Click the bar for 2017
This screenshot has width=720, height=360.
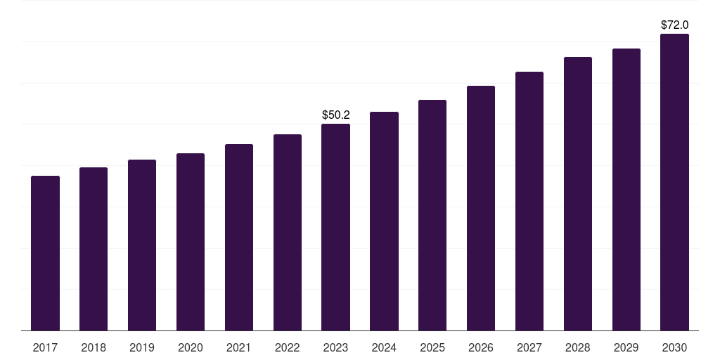[x=45, y=253]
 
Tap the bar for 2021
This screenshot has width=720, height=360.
[x=239, y=237]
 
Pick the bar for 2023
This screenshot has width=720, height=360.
[x=335, y=227]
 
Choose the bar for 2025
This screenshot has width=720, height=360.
[x=432, y=215]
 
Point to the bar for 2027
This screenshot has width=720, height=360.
[x=529, y=201]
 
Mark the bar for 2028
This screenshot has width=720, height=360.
[x=578, y=193]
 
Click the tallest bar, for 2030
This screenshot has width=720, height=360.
[x=674, y=182]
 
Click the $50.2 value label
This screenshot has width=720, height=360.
[x=335, y=115]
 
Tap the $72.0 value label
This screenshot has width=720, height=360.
[x=674, y=25]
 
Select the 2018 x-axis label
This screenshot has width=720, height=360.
[x=94, y=347]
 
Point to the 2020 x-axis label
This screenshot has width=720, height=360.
[x=191, y=347]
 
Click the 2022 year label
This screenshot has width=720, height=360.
[x=287, y=347]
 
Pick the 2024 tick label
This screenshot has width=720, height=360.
[x=384, y=347]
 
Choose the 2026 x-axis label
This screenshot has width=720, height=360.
[x=481, y=347]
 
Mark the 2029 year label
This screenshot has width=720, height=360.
[x=626, y=347]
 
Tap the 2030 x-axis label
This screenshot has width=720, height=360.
[x=674, y=347]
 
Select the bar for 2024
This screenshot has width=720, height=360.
[x=384, y=221]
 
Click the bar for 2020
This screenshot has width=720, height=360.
[x=191, y=242]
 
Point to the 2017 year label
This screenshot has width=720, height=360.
[x=45, y=347]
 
